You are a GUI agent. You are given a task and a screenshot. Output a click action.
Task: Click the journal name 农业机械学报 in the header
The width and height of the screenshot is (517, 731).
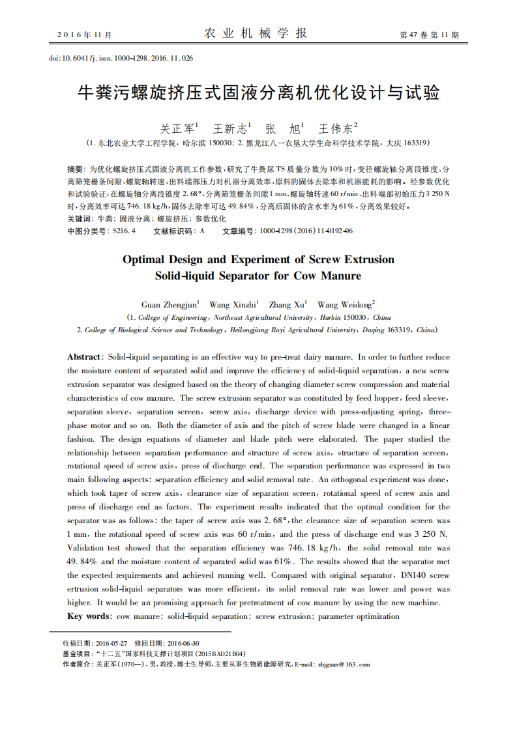click(x=256, y=33)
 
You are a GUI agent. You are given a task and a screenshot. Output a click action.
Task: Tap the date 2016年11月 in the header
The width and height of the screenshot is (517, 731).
click(x=85, y=35)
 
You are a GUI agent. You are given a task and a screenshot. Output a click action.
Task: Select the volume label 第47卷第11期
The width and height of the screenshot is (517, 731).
click(x=429, y=35)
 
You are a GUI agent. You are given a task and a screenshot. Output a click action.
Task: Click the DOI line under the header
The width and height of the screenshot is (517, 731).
click(x=121, y=59)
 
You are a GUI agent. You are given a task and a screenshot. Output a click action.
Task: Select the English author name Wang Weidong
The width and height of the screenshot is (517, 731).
click(x=344, y=304)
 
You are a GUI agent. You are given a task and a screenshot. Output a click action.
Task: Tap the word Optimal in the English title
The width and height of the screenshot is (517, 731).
click(x=145, y=259)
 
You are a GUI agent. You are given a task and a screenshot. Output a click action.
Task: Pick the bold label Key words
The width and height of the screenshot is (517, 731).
click(x=89, y=616)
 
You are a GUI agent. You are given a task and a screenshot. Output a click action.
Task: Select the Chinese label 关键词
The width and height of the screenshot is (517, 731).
click(x=80, y=219)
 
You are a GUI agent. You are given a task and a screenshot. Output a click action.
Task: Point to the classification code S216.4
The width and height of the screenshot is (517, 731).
click(x=124, y=231)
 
